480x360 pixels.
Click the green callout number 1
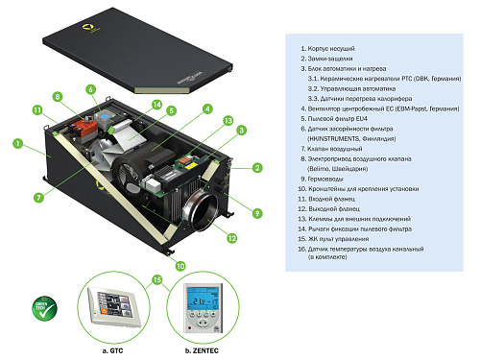point(17,144)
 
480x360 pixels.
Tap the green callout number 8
point(58,97)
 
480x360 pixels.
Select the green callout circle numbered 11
point(38,112)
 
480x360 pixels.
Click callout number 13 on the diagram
point(227,120)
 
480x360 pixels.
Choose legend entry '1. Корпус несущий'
point(332,46)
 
